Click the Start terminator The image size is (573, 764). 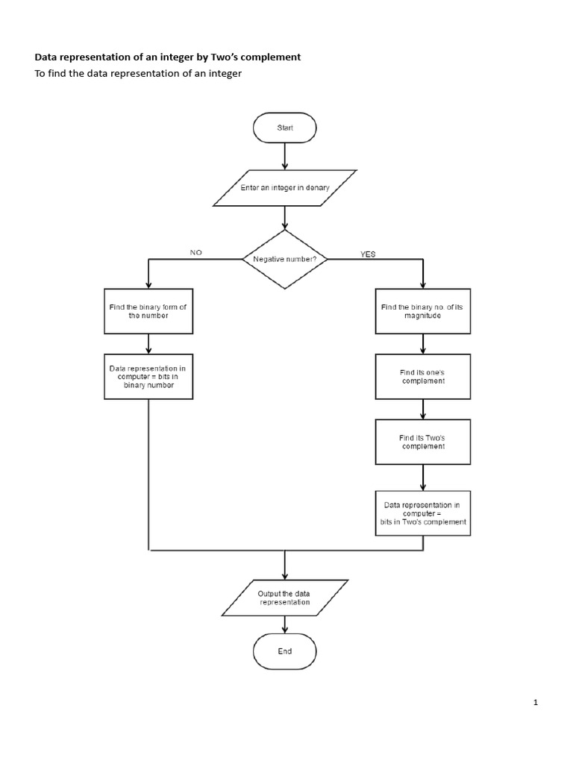[x=285, y=128]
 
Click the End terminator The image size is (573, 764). [x=285, y=651]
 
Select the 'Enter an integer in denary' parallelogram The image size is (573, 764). [x=284, y=188]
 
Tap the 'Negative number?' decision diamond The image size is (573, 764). [x=284, y=259]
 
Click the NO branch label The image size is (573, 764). [x=196, y=253]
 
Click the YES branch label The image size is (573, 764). [x=368, y=254]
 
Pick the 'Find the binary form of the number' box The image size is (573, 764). [x=148, y=310]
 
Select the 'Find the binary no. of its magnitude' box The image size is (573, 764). [x=422, y=310]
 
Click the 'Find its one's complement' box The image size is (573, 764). [x=423, y=376]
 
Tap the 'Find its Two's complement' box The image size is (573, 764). [x=423, y=442]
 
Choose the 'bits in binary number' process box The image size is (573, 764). [x=148, y=376]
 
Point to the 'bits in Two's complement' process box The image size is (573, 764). [x=423, y=513]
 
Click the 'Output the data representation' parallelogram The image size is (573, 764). [x=284, y=598]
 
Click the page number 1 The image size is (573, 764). [x=536, y=702]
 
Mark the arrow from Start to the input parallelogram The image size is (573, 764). [x=285, y=156]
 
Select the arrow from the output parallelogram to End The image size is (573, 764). [x=285, y=625]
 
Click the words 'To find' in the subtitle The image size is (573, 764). [x=51, y=74]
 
